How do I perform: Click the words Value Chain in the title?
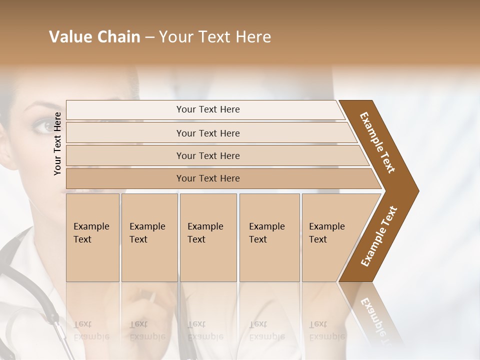tap(94, 37)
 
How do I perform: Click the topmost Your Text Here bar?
tap(207, 109)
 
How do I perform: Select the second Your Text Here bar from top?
tap(207, 133)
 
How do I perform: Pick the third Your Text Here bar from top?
tap(207, 155)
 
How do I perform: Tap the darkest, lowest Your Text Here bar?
tap(207, 178)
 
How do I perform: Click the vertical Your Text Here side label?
tap(58, 143)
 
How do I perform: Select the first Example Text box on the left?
tap(92, 237)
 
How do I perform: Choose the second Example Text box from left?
tap(149, 237)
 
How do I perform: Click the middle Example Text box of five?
tap(207, 237)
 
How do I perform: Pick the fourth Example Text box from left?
tap(269, 237)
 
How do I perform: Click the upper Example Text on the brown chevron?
tap(378, 142)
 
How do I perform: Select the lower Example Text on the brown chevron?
tap(379, 236)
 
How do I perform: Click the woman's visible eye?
tap(43, 125)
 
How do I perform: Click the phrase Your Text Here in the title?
tap(215, 37)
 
